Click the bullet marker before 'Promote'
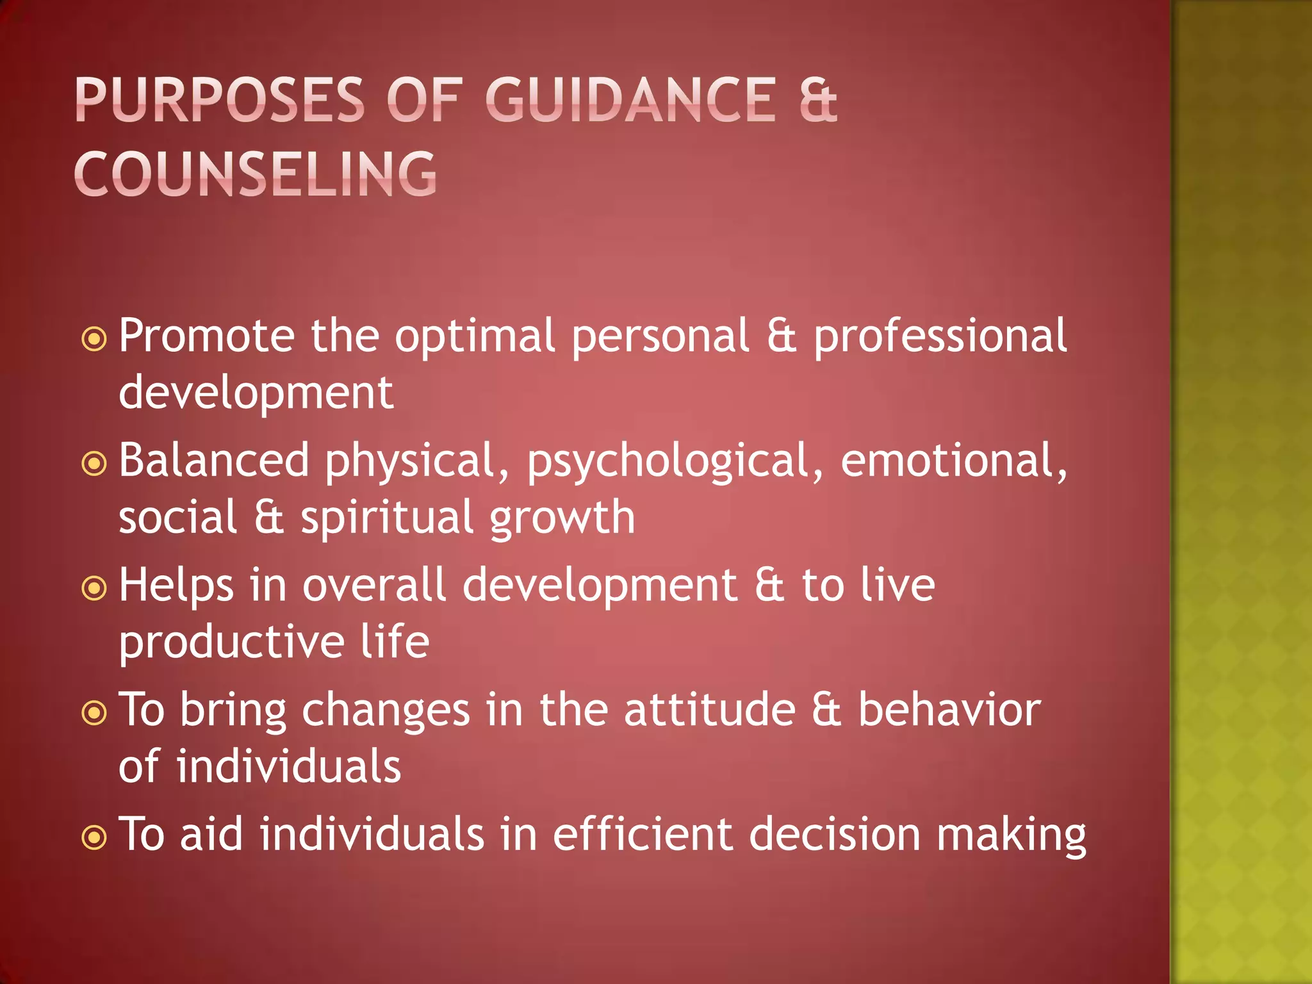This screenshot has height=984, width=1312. (x=94, y=339)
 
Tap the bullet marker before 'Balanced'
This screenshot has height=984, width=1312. (x=94, y=464)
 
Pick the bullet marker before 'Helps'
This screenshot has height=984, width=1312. (x=94, y=588)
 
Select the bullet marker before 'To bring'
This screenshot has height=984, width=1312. (x=94, y=712)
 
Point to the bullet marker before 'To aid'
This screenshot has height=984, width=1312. (x=94, y=837)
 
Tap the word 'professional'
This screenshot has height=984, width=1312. (x=940, y=337)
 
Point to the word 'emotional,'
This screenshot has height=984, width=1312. (x=954, y=461)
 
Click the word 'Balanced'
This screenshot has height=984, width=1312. (x=214, y=461)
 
